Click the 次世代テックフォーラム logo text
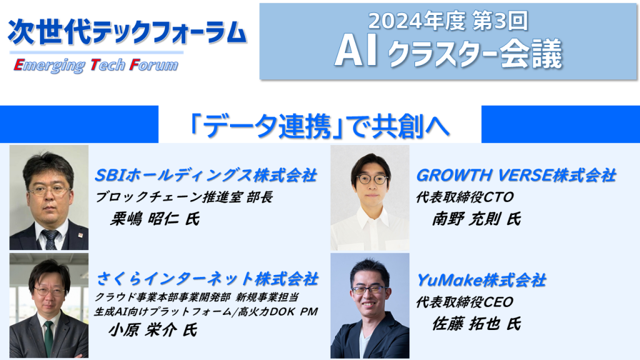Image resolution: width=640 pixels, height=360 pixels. click(127, 32)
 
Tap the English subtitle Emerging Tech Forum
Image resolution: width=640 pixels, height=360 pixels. click(96, 65)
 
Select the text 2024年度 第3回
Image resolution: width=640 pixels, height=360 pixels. click(447, 21)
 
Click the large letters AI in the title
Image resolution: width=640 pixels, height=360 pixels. click(356, 53)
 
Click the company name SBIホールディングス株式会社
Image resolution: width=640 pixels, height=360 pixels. click(206, 175)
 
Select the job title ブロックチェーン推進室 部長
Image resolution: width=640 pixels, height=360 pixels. click(184, 197)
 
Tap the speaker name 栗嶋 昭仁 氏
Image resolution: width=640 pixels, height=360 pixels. click(155, 219)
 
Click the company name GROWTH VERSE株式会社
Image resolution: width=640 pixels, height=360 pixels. click(516, 175)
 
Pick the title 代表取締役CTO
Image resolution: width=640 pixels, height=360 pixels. click(464, 197)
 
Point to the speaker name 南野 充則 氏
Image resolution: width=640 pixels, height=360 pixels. click(476, 219)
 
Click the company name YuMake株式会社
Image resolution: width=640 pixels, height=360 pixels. click(481, 280)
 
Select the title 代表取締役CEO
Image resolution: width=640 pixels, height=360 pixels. click(464, 302)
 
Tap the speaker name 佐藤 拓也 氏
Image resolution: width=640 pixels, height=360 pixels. click(476, 324)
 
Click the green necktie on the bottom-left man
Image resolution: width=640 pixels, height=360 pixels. click(49, 338)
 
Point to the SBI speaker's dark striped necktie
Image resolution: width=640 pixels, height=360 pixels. click(51, 239)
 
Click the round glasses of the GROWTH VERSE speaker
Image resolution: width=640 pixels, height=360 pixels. click(372, 179)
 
